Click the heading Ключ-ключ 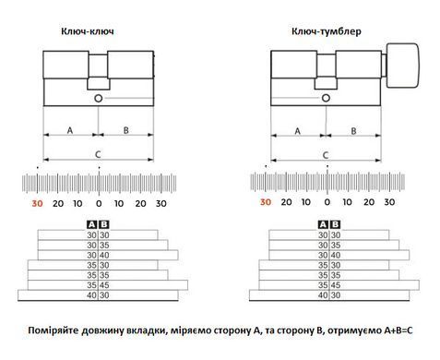click(88, 31)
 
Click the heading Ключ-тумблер click(327, 31)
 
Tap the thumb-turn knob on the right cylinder click(402, 66)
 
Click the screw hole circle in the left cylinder click(99, 99)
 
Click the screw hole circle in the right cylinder click(326, 98)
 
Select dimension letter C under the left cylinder click(98, 154)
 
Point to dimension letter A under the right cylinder click(297, 131)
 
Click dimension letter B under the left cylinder click(125, 130)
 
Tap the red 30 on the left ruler click(37, 203)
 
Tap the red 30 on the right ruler click(266, 202)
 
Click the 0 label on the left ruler click(99, 203)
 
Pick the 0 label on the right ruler click(327, 202)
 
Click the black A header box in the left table click(92, 224)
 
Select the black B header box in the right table click(336, 224)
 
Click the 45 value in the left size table click(104, 285)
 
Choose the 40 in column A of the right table click(323, 295)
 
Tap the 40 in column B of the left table click(104, 256)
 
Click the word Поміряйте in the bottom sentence click(53, 330)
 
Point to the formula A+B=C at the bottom click(398, 330)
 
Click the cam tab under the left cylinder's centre click(99, 83)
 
